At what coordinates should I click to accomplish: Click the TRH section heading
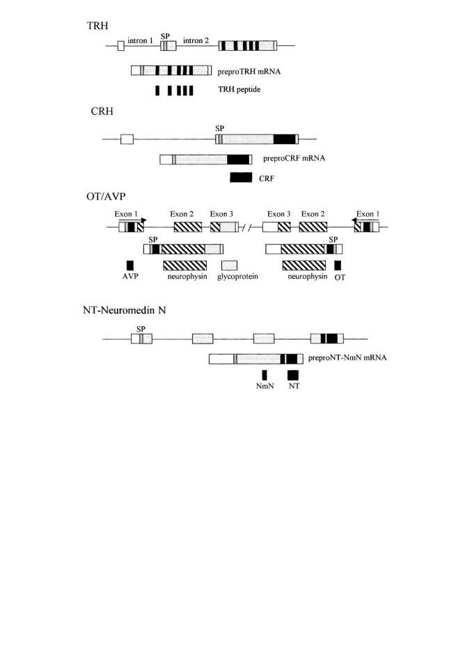pos(97,26)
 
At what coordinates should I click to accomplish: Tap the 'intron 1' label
pos(141,40)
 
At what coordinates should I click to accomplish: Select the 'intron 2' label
pos(196,40)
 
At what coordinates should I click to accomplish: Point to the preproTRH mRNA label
pos(249,72)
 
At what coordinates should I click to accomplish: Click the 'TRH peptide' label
pos(239,89)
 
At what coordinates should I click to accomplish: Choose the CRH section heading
pos(102,111)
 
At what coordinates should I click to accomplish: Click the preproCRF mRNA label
pos(294,158)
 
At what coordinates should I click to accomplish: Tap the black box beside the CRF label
pos(241,177)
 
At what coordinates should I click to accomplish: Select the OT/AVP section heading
pos(107,197)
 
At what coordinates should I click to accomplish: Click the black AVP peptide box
pos(130,266)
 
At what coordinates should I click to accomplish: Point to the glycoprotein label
pos(237,277)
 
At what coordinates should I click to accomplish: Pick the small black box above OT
pos(338,266)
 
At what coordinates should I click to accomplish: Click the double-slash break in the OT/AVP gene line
pos(246,227)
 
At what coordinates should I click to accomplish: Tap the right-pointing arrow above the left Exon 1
pos(132,220)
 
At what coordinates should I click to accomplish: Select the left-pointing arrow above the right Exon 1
pos(365,220)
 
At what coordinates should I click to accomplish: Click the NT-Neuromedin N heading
pos(125,310)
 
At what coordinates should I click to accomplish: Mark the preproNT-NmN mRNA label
pos(347,357)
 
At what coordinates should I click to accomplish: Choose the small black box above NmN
pos(265,375)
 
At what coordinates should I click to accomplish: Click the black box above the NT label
pos(293,375)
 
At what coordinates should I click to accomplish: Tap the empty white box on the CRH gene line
pos(127,139)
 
